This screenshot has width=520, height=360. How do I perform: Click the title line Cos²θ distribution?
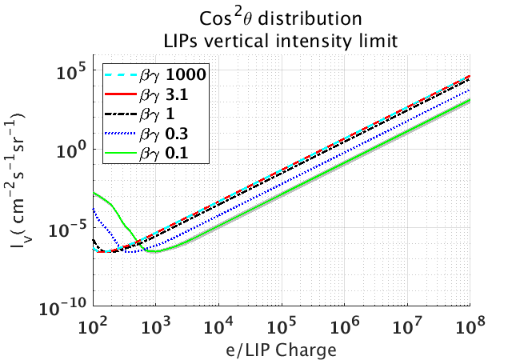click(x=282, y=18)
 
